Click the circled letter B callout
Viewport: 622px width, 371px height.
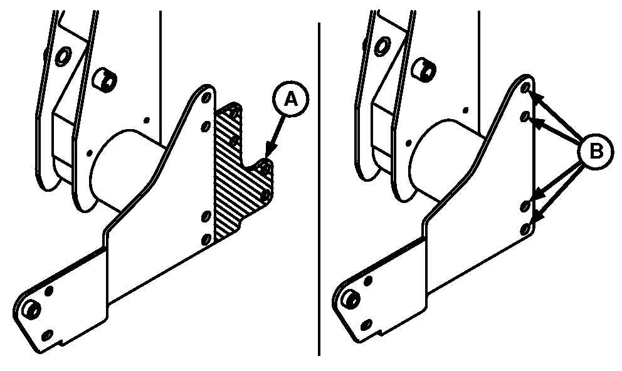coord(596,152)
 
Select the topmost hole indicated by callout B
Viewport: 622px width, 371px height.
coord(525,88)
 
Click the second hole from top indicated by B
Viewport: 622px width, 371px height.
coord(525,116)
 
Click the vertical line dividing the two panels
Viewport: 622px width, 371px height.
coord(319,189)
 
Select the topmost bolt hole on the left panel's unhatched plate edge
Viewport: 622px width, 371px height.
coord(206,98)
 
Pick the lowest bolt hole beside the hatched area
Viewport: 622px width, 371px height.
coord(206,239)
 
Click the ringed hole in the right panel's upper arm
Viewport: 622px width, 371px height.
coord(382,46)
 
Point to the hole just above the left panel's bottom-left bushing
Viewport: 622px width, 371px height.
coord(49,291)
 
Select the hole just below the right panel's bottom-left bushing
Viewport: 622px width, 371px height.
coord(367,325)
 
